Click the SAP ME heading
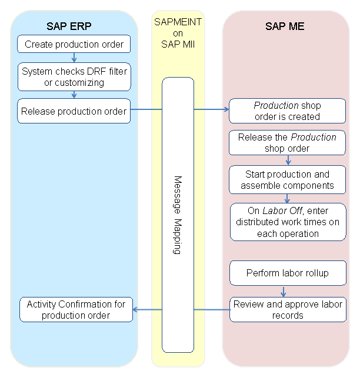(x=285, y=26)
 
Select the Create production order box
(x=74, y=45)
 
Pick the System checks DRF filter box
(x=74, y=77)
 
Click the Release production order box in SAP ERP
(x=74, y=111)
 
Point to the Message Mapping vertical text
(x=178, y=215)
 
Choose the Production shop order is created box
(x=288, y=111)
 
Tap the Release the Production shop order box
(x=288, y=143)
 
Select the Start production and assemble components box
(x=288, y=180)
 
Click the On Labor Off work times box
(x=288, y=222)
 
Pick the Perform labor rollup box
(x=288, y=273)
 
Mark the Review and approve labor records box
(x=288, y=309)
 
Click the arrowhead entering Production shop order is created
(x=226, y=109)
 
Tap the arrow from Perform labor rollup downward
(x=284, y=290)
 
